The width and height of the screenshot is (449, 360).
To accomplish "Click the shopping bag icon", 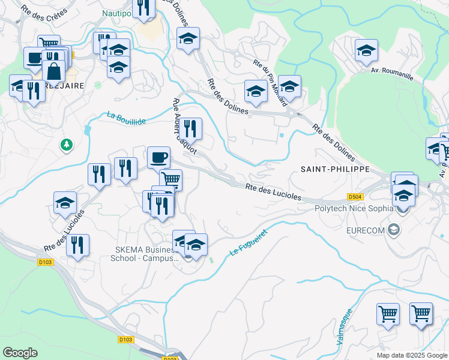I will tap(53, 70).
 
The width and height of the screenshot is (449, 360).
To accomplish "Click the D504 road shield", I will tap(355, 196).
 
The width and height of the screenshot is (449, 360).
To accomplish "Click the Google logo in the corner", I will tap(20, 352).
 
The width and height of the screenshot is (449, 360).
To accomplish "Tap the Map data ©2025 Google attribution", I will tap(411, 355).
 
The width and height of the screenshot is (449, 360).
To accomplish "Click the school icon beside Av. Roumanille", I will tap(366, 50).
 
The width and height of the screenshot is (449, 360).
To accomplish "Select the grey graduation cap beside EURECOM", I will tap(394, 229).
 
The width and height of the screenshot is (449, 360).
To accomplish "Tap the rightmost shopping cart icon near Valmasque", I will tap(421, 313).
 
